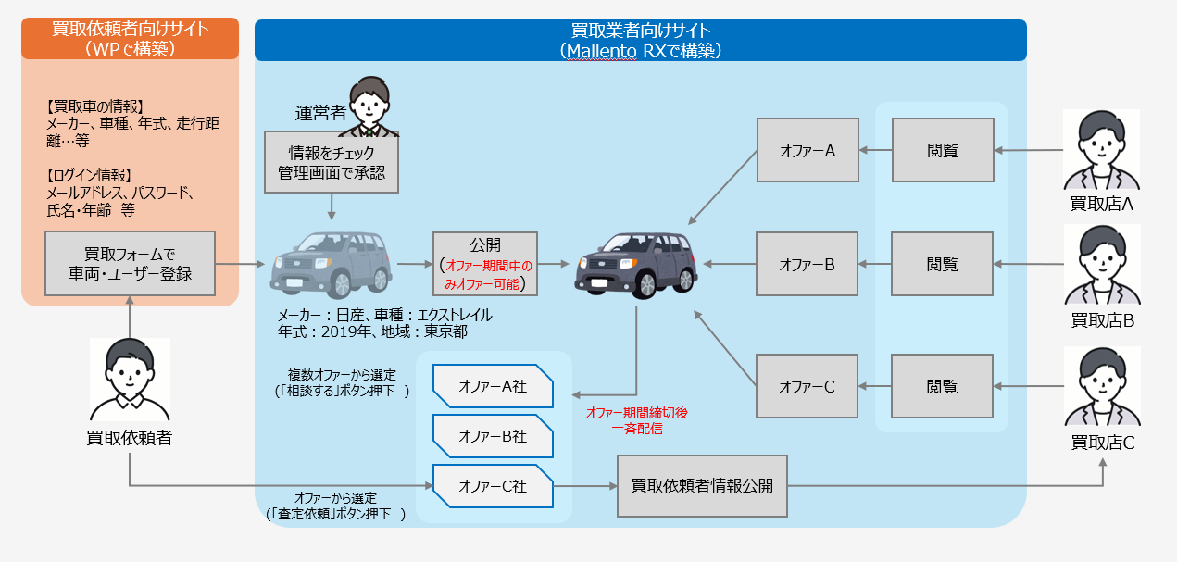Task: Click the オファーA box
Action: coord(808,150)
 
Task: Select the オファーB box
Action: coord(808,264)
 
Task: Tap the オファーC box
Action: coord(808,386)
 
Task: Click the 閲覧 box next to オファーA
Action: coord(943,150)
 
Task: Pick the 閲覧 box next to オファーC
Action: coord(943,386)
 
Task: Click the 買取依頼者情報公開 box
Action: coord(702,485)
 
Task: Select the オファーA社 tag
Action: coord(493,386)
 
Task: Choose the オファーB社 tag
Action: coord(493,436)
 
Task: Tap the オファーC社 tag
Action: coord(493,485)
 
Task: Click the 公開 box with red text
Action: coord(485,264)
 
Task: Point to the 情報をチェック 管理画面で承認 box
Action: coord(331,163)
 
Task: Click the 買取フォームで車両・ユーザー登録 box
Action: coord(130,263)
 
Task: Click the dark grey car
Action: coord(635,263)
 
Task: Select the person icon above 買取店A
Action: coord(1102,150)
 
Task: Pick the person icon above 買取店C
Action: coord(1102,387)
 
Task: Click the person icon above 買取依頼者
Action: coord(130,380)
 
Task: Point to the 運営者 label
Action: coord(320,114)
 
